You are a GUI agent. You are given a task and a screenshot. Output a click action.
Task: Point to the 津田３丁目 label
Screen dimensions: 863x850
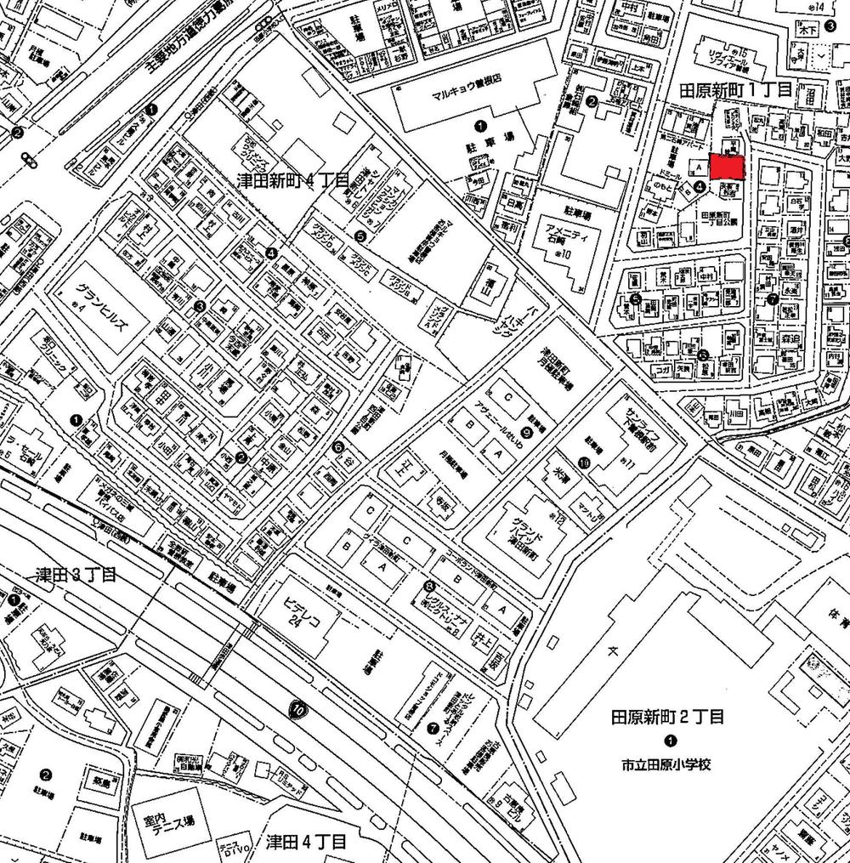point(75,575)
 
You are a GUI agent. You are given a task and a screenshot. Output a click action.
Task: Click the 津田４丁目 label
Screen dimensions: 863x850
point(306,842)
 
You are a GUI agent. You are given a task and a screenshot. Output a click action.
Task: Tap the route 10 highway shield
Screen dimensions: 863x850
point(297,710)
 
